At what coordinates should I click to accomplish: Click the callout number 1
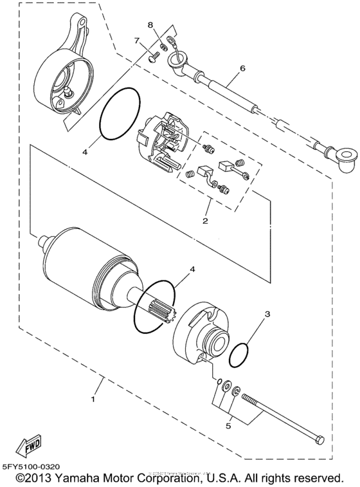(x=93, y=399)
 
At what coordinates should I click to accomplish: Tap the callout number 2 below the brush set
(x=205, y=221)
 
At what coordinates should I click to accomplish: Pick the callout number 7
(x=137, y=41)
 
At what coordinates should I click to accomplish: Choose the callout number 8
(x=150, y=26)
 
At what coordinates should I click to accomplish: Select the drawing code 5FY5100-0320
(x=33, y=466)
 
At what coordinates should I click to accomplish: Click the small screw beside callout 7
(x=153, y=57)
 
